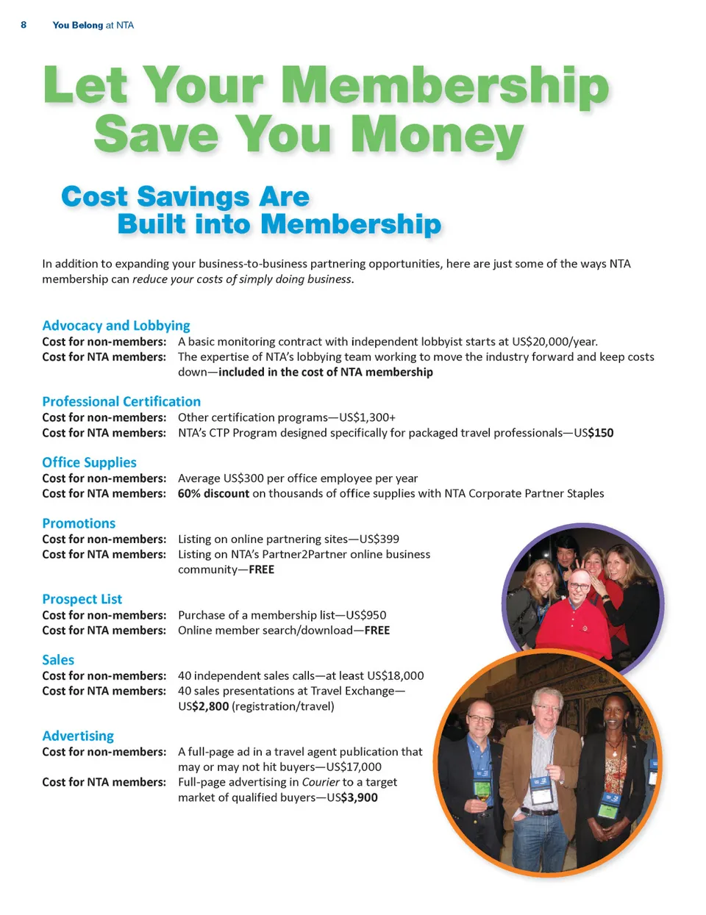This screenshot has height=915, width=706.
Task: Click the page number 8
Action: [24, 25]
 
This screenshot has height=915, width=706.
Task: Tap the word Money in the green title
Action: [437, 135]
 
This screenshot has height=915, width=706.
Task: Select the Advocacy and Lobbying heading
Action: [116, 326]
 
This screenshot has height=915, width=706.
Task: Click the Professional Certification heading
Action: [121, 401]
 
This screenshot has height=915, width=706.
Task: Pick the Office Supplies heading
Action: [89, 462]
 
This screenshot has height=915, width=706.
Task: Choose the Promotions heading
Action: [79, 523]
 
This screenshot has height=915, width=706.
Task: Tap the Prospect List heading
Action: [82, 599]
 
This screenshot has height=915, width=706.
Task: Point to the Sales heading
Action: [58, 660]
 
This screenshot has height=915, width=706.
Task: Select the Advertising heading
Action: [78, 736]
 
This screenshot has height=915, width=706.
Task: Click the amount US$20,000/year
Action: [555, 342]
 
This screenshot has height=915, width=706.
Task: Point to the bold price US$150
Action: [593, 433]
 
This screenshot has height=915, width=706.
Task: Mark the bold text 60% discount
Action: [213, 494]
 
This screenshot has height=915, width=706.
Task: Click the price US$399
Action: [379, 539]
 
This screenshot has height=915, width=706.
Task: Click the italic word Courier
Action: [321, 782]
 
